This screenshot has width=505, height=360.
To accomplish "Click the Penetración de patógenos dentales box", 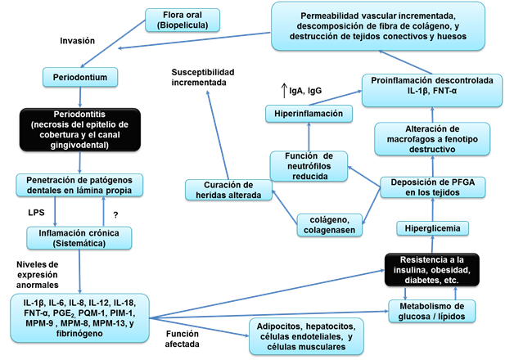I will click(79, 183).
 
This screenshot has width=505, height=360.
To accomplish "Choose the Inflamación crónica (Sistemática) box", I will click(80, 237).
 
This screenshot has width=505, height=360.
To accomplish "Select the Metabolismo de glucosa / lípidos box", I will click(440, 311).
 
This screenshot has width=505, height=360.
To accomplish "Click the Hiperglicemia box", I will click(432, 227).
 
